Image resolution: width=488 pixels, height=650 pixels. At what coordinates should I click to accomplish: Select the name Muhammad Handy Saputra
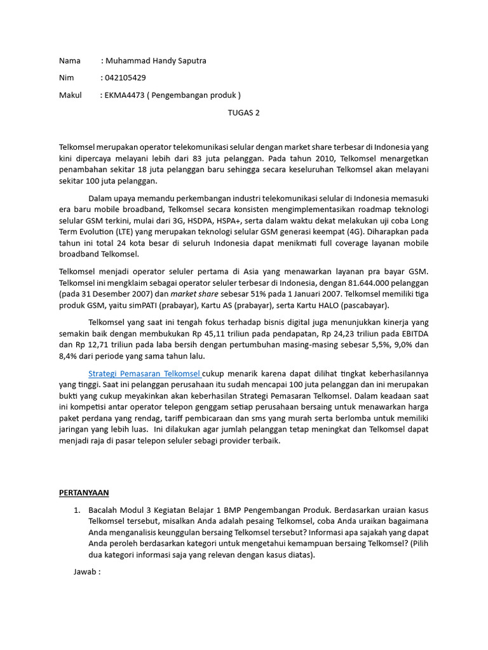coord(156,61)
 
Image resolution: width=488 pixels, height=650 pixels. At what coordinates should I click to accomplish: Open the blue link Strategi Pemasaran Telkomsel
coord(144,373)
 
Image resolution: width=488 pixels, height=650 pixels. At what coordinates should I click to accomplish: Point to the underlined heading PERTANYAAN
coord(84,492)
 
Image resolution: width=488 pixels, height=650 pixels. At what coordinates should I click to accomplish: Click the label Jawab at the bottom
coord(87,572)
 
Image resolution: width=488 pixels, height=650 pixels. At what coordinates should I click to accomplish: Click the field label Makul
coord(71,95)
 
